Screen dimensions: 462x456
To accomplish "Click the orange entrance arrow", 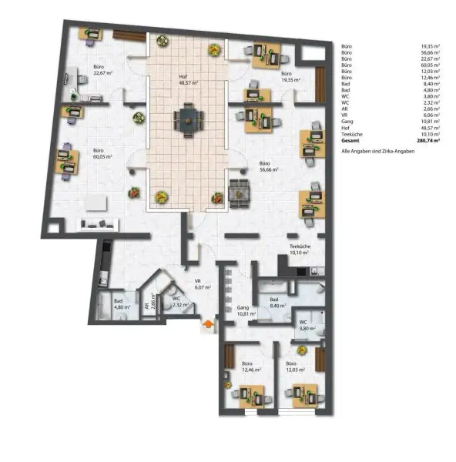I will pos(206,326).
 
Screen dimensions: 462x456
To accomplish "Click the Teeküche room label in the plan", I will pos(299,249).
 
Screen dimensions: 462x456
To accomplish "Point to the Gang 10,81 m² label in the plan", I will pos(246,312).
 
